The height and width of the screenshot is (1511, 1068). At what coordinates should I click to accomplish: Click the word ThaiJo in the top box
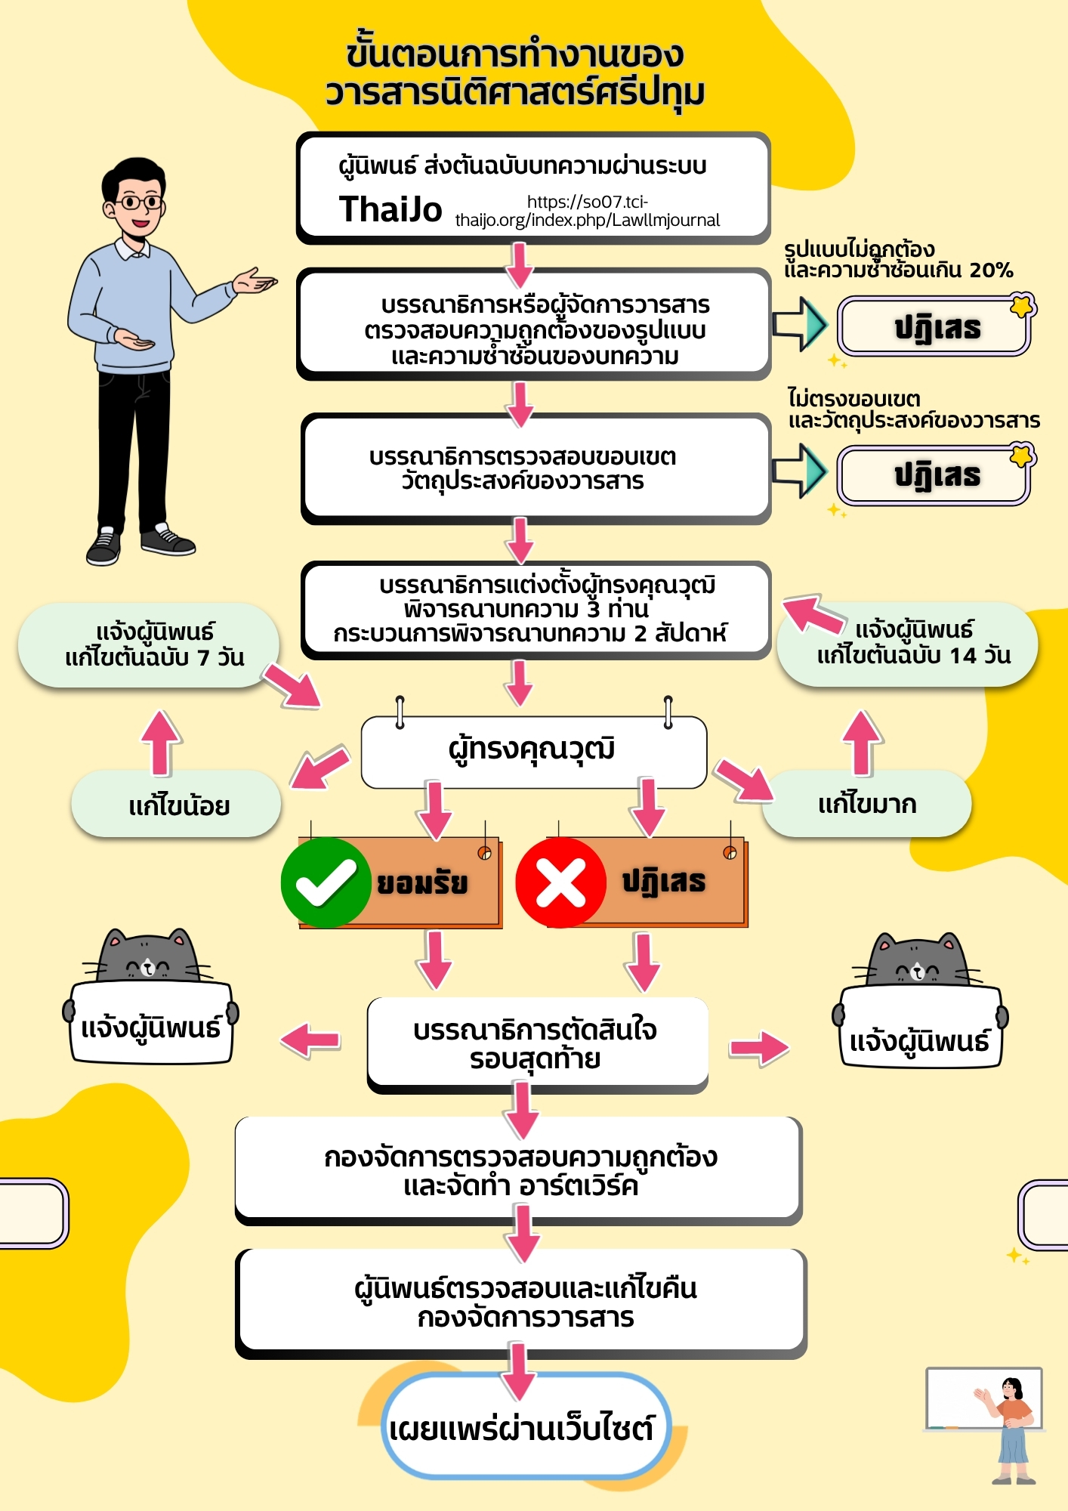[390, 209]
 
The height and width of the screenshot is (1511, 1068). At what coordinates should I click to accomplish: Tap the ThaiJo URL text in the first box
[587, 212]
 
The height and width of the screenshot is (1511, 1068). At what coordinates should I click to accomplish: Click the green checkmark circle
[326, 882]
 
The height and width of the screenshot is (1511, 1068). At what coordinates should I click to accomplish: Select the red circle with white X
[560, 882]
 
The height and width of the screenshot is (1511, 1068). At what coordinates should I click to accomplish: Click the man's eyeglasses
[140, 202]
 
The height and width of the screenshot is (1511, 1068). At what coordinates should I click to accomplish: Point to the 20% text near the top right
[991, 270]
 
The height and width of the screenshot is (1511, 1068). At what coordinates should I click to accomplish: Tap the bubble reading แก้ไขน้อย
[177, 805]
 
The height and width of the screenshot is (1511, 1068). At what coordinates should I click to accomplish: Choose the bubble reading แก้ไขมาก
[867, 804]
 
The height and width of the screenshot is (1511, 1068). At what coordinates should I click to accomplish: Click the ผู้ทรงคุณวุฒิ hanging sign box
[533, 750]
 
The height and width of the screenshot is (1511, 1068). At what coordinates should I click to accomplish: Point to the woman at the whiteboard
[1013, 1428]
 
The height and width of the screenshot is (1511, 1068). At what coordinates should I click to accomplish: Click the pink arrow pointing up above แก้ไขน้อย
[160, 742]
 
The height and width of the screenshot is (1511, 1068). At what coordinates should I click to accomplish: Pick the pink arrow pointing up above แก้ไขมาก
[862, 742]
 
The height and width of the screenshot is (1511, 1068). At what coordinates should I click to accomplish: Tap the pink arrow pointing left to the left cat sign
[310, 1040]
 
